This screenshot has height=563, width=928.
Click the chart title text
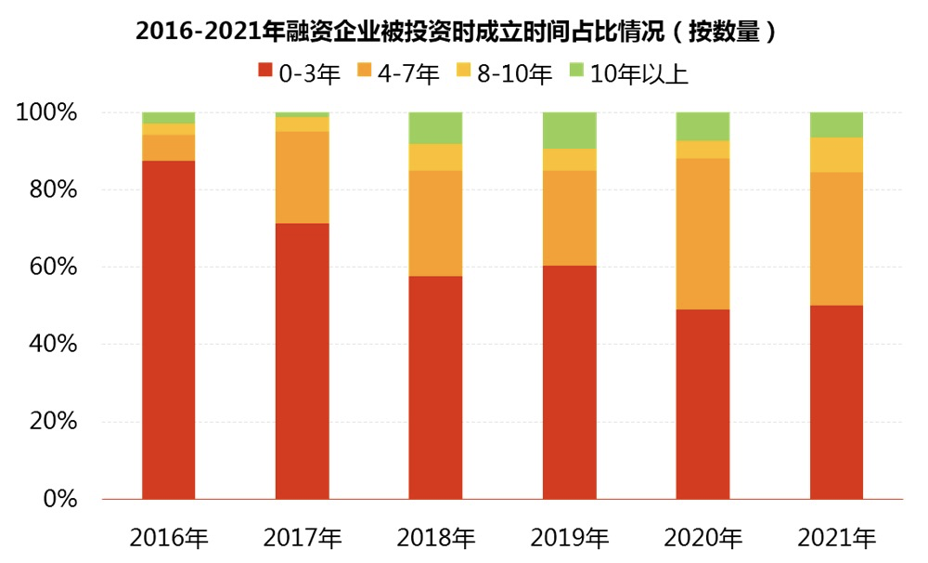(x=456, y=32)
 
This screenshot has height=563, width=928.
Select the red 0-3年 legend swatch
(x=265, y=72)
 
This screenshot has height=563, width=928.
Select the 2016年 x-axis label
(x=169, y=538)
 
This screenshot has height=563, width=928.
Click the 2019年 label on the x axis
(x=570, y=538)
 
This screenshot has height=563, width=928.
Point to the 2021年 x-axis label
(x=837, y=538)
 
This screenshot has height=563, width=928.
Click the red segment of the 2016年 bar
(x=169, y=330)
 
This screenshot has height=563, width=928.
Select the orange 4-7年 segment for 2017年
(x=303, y=177)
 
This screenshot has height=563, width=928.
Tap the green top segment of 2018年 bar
(x=436, y=127)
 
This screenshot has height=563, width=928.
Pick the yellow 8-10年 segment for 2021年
(x=837, y=154)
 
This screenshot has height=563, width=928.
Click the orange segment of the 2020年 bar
(x=703, y=233)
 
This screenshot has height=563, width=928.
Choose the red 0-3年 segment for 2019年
(x=570, y=382)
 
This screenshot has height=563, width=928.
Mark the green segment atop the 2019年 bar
(x=570, y=130)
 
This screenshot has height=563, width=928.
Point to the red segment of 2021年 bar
(x=837, y=401)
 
